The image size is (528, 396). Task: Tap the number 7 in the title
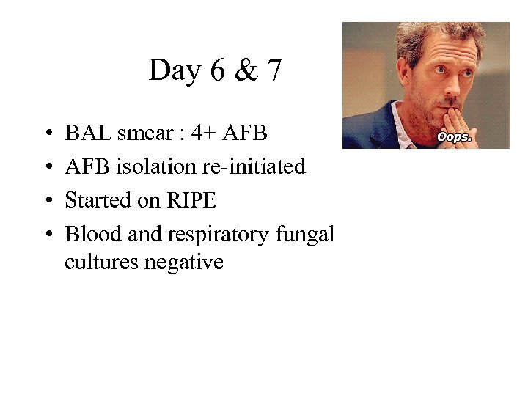[x=274, y=71]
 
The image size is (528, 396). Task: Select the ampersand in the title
[x=246, y=71]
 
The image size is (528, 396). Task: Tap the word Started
[x=95, y=200]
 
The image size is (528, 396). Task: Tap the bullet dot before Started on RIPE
[x=47, y=201]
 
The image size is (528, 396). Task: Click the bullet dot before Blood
[x=47, y=235]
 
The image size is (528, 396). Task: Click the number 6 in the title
[x=217, y=71]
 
